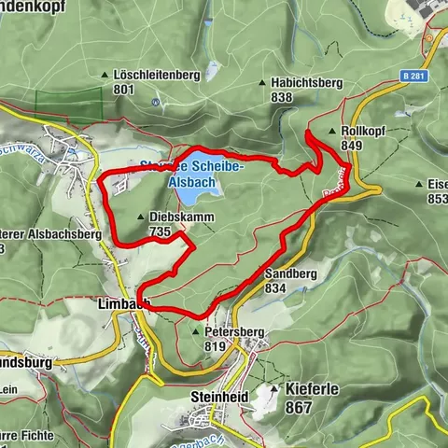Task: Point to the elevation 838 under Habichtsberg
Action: point(281,96)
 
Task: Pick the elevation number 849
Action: point(352,146)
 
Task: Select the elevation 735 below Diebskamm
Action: point(159,231)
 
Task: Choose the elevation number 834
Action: point(274,289)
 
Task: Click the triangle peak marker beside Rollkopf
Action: point(333,132)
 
